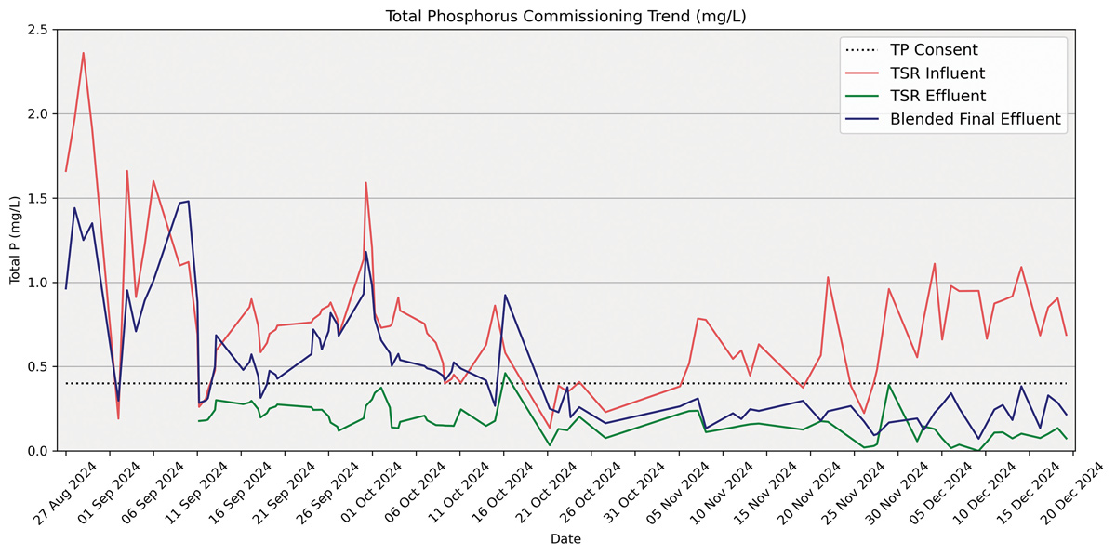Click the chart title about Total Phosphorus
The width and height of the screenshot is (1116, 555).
click(565, 16)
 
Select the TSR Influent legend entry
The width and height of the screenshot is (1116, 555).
click(937, 73)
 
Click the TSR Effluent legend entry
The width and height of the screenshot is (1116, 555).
click(937, 96)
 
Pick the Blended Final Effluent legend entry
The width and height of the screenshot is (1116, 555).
click(975, 119)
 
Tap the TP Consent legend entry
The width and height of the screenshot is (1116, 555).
click(934, 50)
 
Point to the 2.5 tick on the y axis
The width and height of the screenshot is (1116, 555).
click(38, 30)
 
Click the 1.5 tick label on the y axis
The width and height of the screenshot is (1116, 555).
click(38, 199)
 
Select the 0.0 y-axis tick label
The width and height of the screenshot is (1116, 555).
click(38, 452)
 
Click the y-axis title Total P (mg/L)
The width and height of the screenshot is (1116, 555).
click(15, 240)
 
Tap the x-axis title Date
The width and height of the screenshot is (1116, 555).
click(565, 539)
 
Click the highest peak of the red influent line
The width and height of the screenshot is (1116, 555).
click(83, 53)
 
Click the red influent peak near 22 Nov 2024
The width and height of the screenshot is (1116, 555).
click(828, 277)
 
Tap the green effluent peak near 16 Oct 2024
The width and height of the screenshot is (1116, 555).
click(505, 373)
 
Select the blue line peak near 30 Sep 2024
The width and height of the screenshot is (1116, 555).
click(365, 252)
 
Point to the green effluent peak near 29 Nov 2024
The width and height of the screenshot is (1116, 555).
click(889, 384)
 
